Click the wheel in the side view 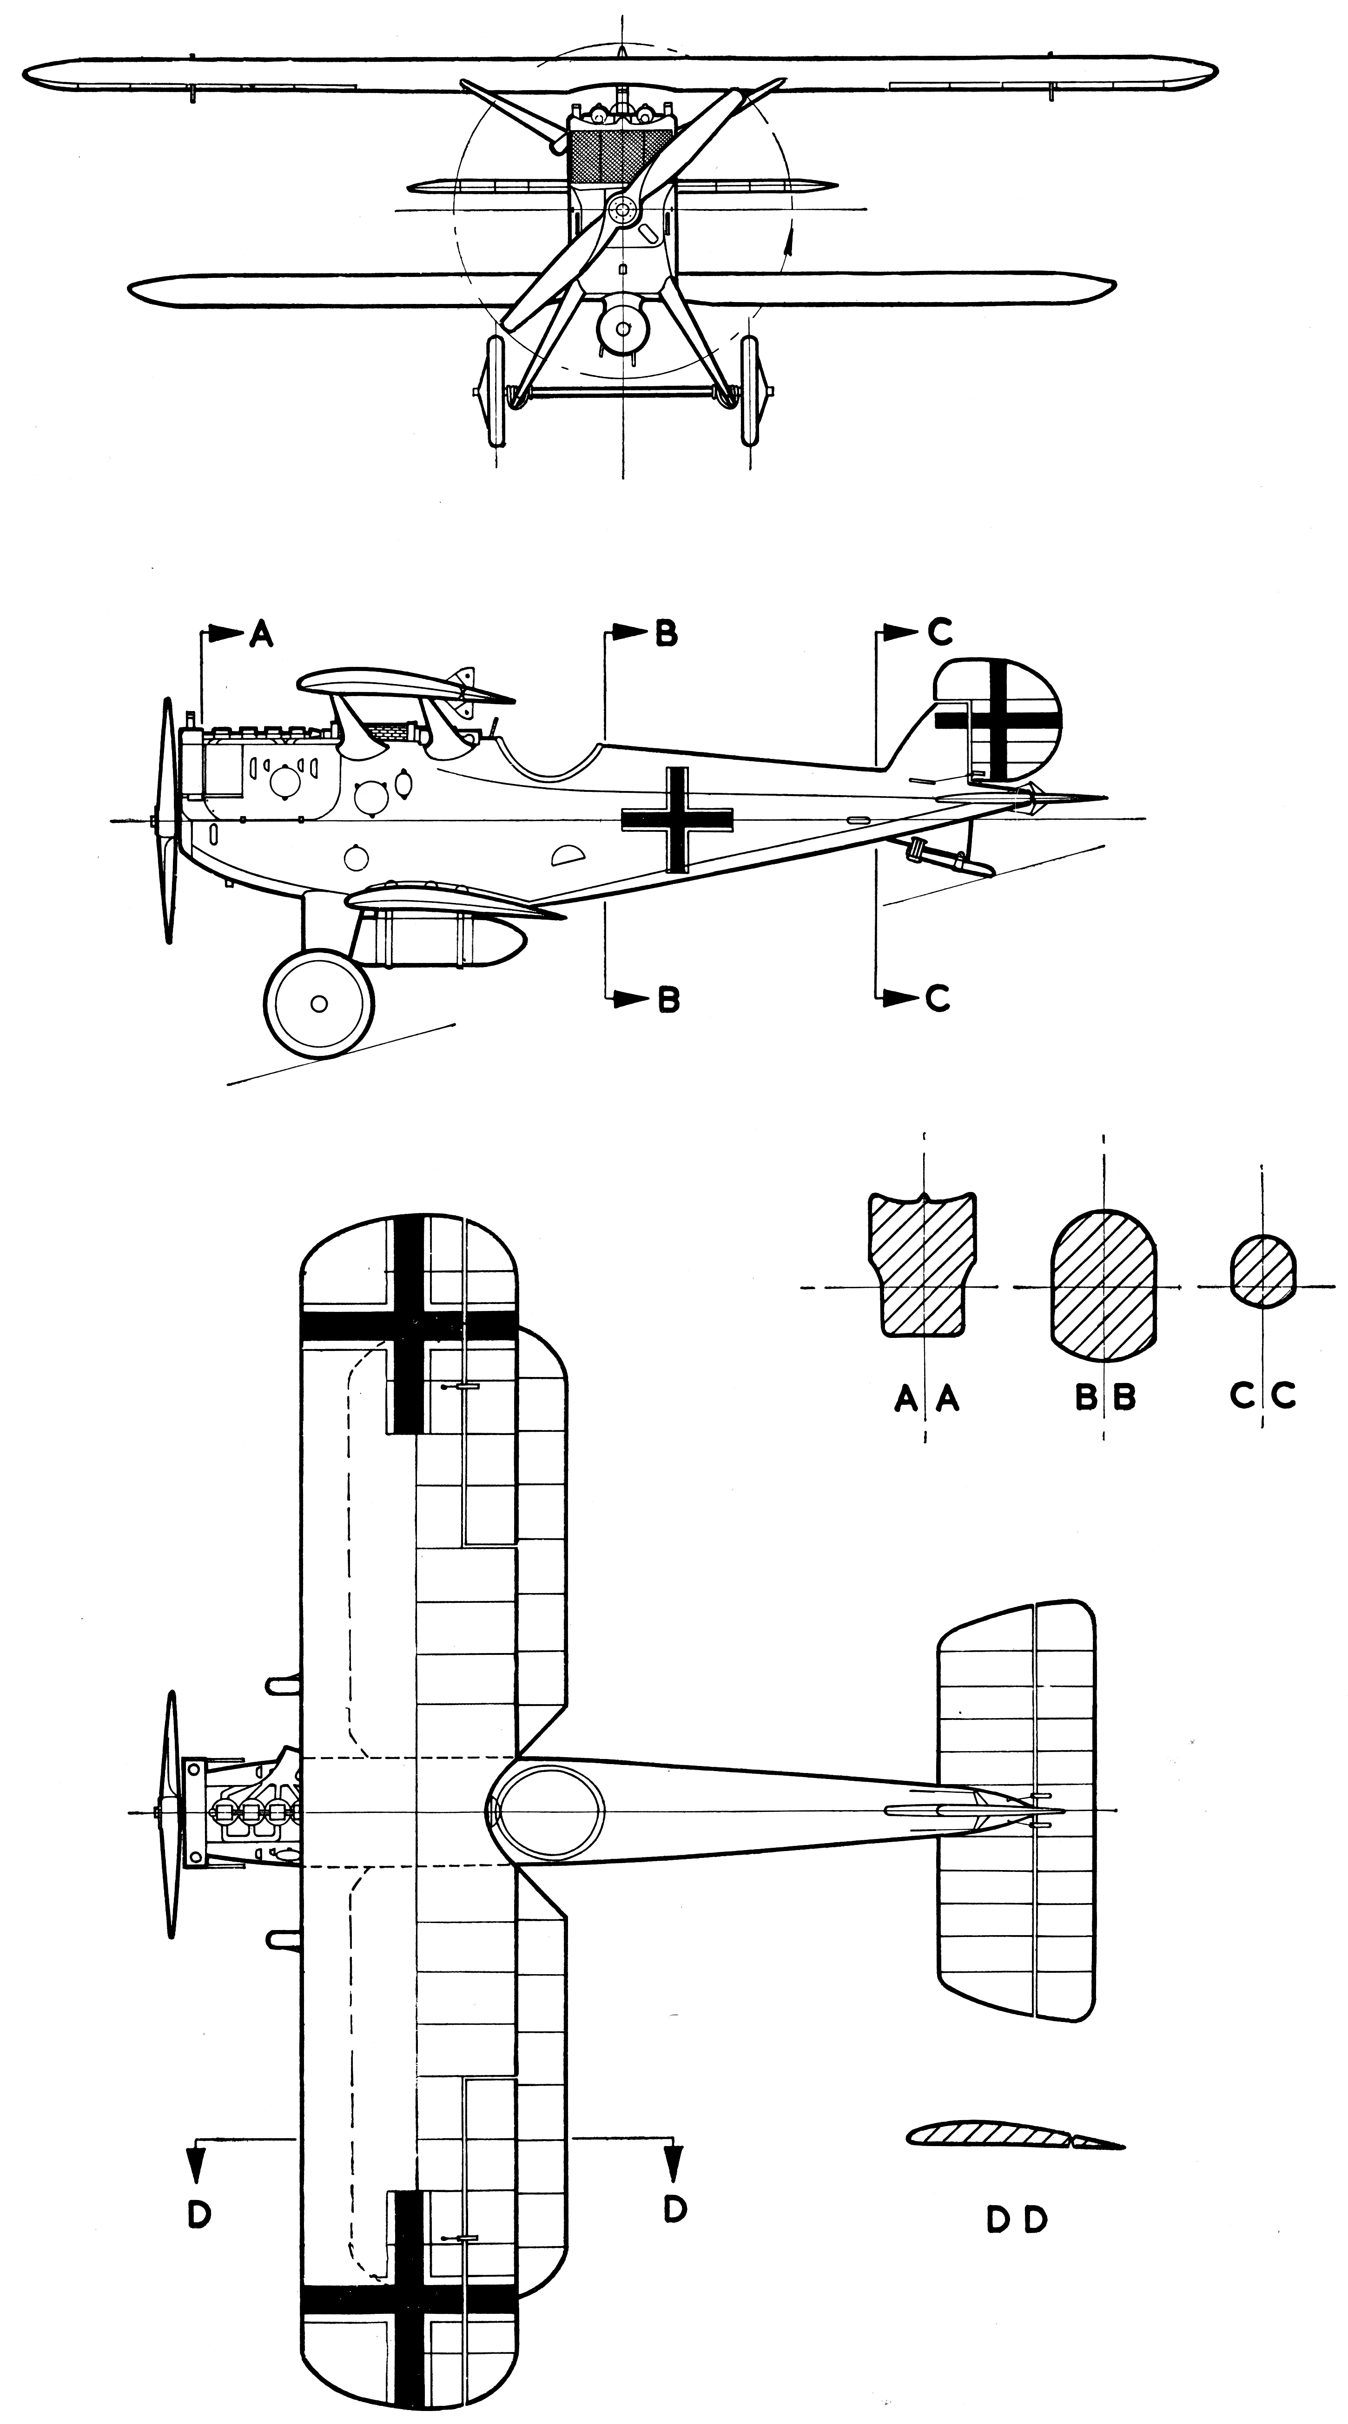[318, 1004]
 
